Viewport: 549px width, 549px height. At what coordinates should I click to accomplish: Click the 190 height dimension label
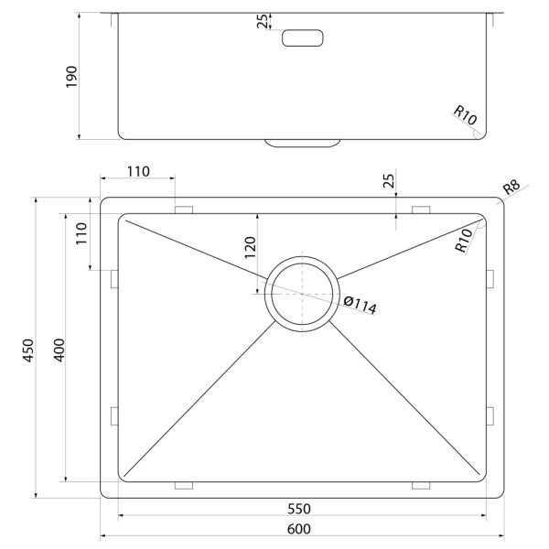71,77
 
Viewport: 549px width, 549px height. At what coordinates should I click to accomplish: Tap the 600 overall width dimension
298,529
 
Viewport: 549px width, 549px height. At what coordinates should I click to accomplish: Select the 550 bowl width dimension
299,509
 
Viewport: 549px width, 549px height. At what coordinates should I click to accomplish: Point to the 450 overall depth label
28,350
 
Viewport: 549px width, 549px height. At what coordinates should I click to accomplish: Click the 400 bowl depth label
59,350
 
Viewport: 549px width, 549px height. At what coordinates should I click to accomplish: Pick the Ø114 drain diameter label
360,305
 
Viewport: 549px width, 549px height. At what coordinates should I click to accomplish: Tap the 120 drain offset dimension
251,248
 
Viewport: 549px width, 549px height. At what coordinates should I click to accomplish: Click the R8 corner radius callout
511,188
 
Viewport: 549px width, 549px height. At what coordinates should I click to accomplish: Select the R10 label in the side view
465,115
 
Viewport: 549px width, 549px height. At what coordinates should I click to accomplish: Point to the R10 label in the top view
464,241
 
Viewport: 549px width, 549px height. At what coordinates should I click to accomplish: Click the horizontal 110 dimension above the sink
138,172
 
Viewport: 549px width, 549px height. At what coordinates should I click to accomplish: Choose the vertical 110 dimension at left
81,233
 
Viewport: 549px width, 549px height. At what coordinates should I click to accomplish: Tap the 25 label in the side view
263,21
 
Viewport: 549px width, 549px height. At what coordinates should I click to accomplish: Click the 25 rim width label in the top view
389,180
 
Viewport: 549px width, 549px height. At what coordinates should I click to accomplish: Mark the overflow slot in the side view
303,38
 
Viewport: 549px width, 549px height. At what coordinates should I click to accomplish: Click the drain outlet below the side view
303,143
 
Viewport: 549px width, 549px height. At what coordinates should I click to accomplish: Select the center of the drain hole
302,294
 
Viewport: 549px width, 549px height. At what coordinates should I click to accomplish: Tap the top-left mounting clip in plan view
184,210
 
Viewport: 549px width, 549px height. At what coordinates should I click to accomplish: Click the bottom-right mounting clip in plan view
421,485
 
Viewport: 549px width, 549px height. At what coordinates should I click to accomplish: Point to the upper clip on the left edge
114,279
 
